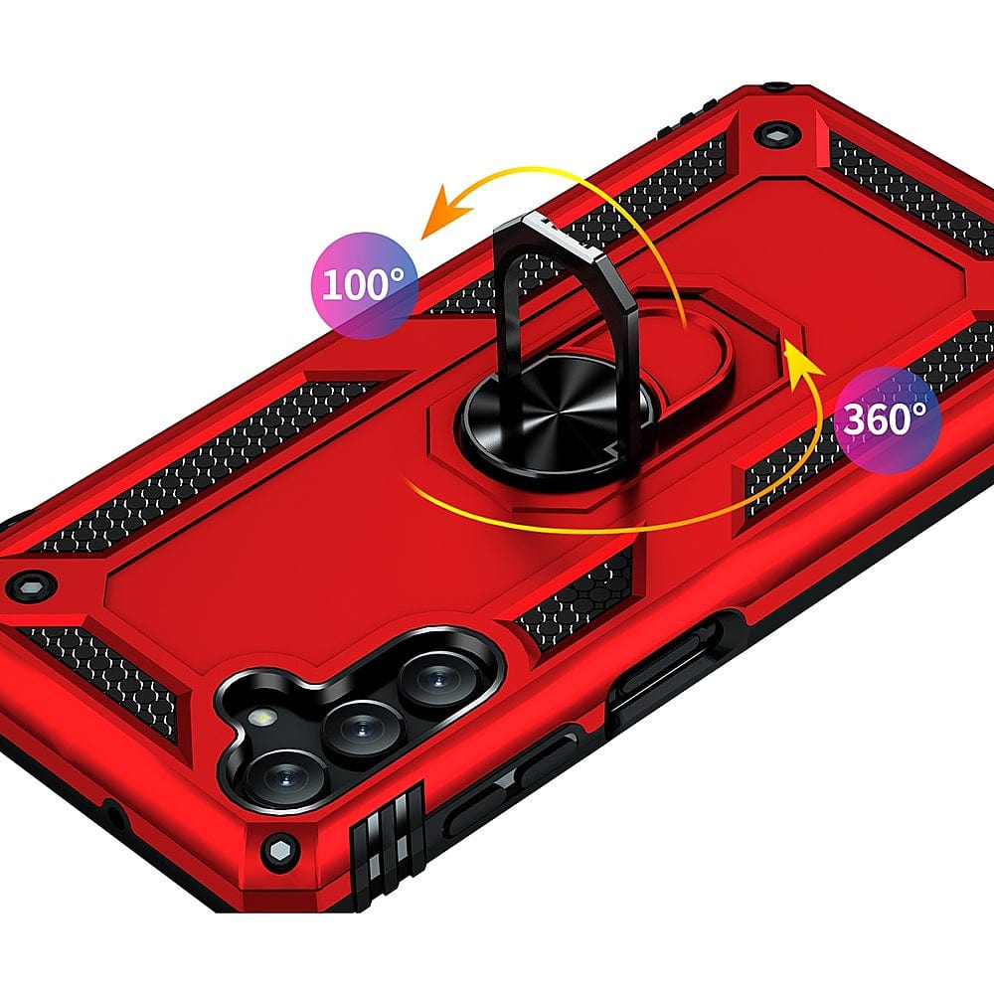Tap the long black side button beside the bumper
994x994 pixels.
point(507,770)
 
